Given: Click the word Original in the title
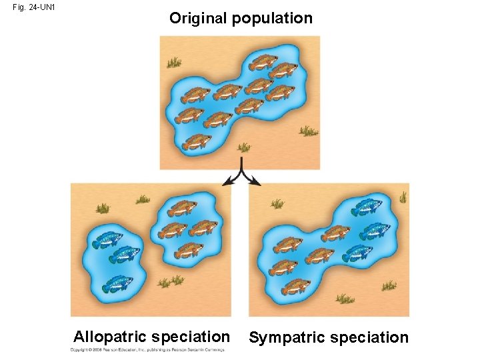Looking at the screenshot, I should [198, 19].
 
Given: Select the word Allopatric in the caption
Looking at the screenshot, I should [110, 336].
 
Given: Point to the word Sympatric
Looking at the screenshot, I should [287, 337].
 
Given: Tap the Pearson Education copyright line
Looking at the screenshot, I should [147, 350].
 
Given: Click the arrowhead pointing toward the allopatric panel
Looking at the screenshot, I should [229, 181].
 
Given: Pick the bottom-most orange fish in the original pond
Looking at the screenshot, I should [197, 141].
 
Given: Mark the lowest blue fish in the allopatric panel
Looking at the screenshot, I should [117, 283].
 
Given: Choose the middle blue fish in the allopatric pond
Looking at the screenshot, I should [125, 254].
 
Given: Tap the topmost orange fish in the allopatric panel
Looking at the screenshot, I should [181, 208].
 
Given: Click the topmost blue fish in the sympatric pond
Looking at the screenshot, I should [366, 207].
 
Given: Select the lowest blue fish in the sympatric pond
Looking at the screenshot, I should [359, 251].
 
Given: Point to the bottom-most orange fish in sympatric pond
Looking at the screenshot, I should [295, 287].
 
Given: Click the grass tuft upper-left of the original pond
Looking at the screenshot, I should [173, 63].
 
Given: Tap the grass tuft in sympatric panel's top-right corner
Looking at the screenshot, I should [403, 197].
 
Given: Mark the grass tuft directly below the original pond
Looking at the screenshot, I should [245, 148].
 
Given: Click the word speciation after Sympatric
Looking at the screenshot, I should [368, 337].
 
